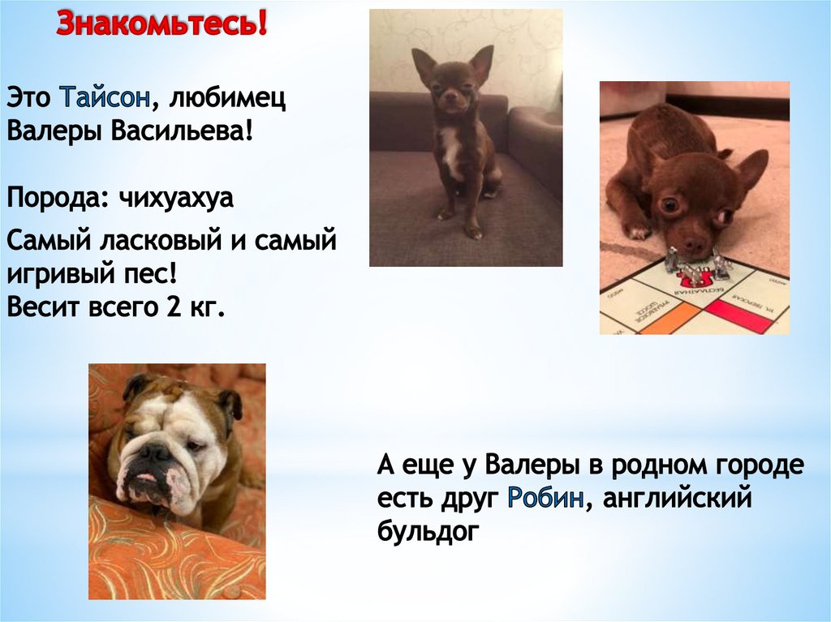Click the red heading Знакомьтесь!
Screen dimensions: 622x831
(161, 25)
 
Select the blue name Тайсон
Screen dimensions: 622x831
(103, 98)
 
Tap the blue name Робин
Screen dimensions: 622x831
(545, 498)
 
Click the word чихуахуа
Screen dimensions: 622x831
(175, 198)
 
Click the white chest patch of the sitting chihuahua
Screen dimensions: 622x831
(451, 151)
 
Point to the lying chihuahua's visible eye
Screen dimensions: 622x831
(670, 205)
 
